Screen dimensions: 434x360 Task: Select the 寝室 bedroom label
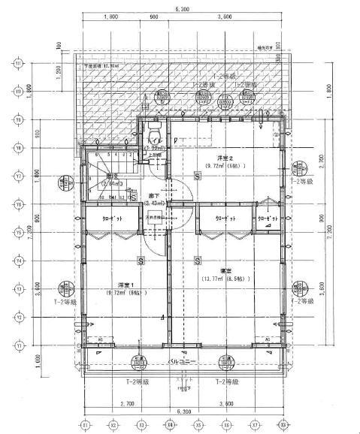click(x=225, y=270)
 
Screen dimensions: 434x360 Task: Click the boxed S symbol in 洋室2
click(x=196, y=176)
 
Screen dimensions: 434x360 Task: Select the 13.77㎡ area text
click(x=225, y=279)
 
